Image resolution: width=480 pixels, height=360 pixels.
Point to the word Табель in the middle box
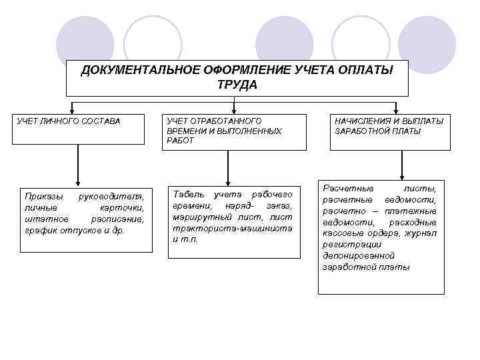click(x=188, y=194)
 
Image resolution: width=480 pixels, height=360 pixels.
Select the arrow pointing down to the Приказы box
click(x=79, y=181)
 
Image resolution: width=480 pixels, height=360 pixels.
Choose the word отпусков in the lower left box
click(x=83, y=230)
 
